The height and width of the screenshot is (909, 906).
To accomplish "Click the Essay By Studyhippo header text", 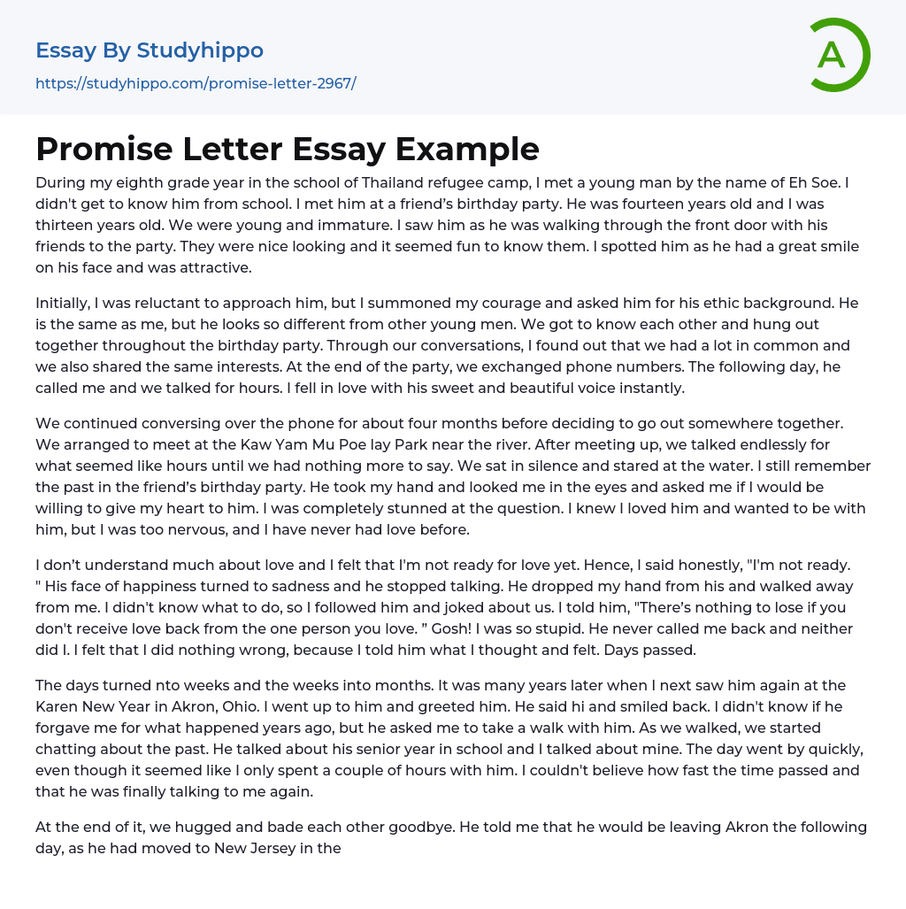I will coord(150,50).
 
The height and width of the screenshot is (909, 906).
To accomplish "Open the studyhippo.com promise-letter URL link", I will coord(196,84).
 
